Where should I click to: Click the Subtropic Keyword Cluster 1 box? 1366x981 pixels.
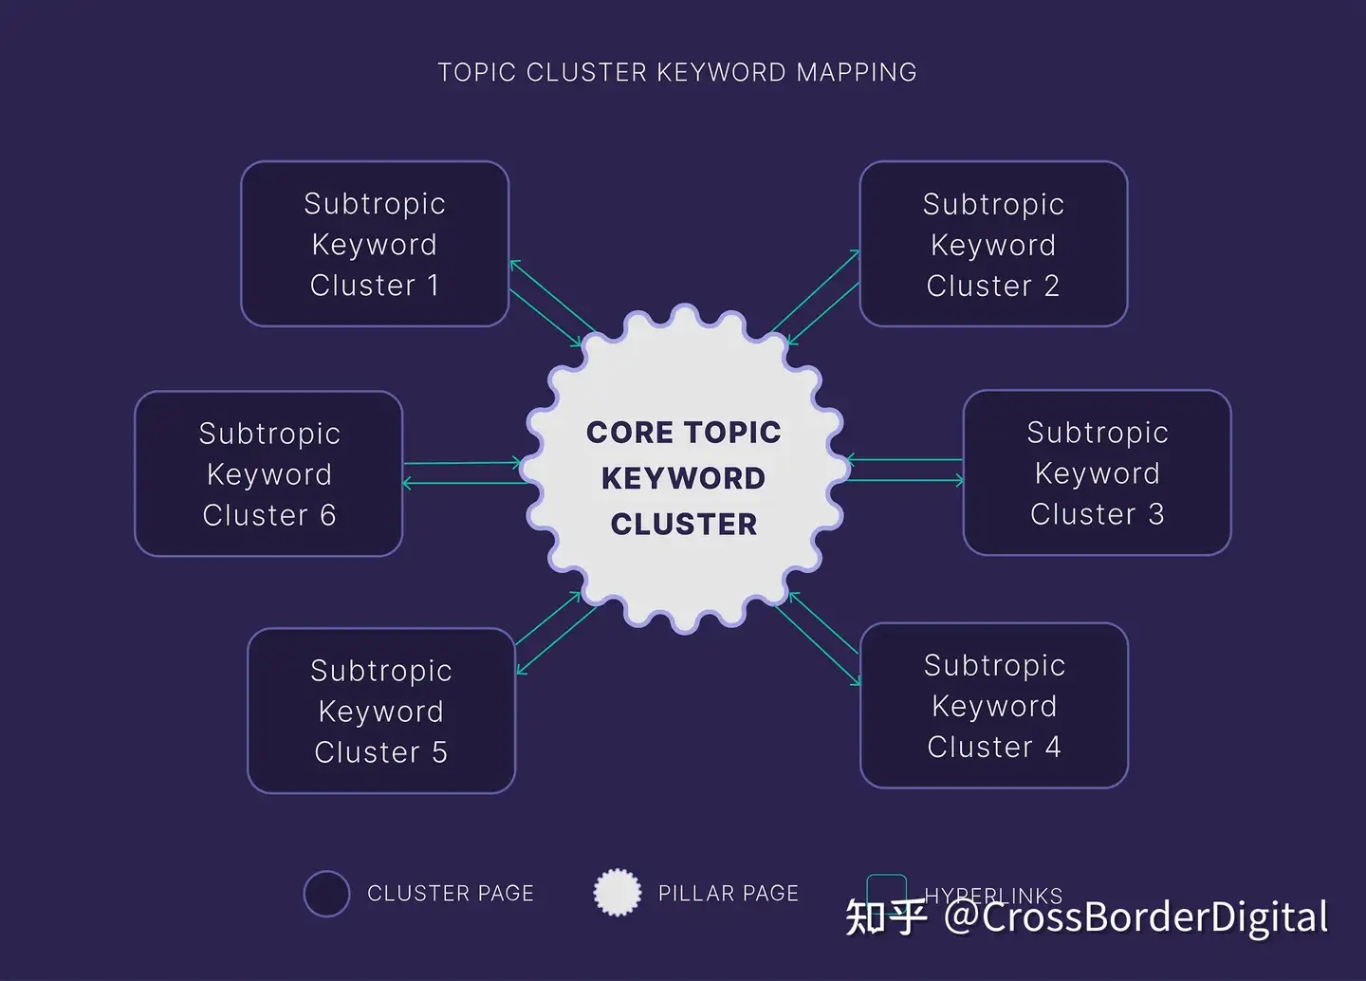tap(375, 244)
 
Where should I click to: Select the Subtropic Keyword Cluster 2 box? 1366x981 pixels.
tap(993, 244)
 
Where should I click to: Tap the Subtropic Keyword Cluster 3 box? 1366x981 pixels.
tap(1097, 472)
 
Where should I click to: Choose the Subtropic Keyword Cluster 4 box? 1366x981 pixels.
tap(994, 705)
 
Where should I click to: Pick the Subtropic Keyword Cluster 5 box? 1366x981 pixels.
tap(381, 711)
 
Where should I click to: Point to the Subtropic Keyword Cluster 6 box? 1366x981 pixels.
tap(268, 473)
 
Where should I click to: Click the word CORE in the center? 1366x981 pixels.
tap(622, 433)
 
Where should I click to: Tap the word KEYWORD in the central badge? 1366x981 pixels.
tap(683, 478)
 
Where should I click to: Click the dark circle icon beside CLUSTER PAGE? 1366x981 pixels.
tap(326, 894)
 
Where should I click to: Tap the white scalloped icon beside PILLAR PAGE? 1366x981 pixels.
tap(617, 893)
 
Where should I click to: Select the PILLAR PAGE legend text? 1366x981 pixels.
tap(728, 894)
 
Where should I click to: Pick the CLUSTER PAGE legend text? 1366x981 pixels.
tap(450, 894)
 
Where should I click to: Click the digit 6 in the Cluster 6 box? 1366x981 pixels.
tap(327, 515)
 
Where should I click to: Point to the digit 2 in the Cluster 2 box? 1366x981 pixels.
tap(1051, 286)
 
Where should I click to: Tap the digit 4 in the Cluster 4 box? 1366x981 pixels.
tap(1053, 747)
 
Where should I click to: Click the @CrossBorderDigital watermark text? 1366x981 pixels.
tap(1135, 917)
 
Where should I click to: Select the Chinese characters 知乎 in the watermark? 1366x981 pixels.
tap(885, 917)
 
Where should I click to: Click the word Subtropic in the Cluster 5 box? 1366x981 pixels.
tap(381, 671)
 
